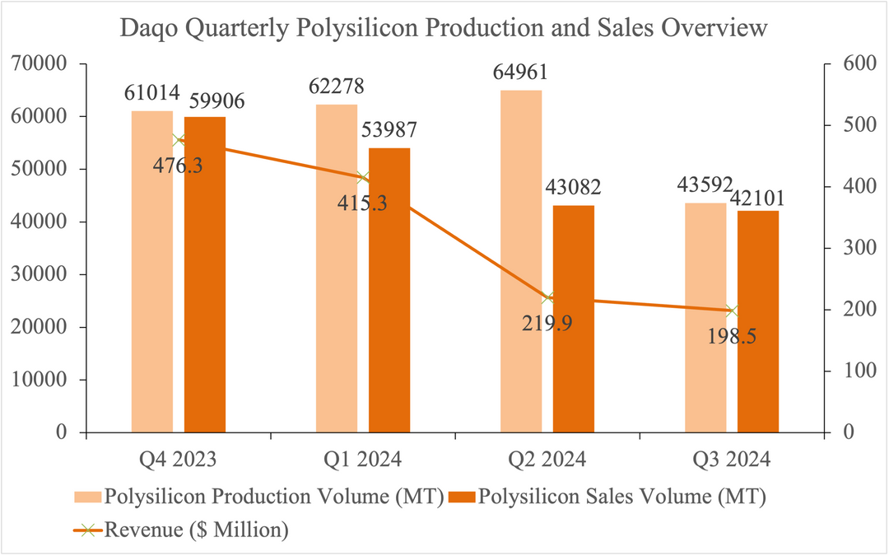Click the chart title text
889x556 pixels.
click(444, 28)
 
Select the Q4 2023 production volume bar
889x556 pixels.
click(152, 272)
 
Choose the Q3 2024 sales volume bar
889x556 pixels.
click(758, 321)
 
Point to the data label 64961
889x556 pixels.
click(519, 73)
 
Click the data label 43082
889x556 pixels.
click(573, 187)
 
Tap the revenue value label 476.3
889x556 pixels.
click(178, 165)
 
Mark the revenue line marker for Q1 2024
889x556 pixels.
click(363, 178)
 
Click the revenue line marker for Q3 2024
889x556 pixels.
click(732, 311)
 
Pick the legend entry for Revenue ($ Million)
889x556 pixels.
click(196, 530)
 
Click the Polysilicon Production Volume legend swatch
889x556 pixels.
click(88, 497)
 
